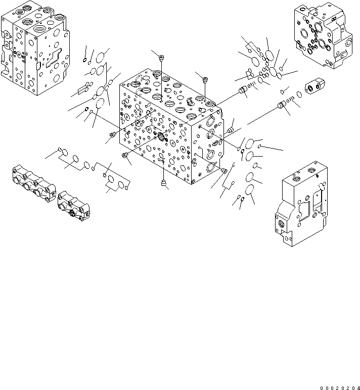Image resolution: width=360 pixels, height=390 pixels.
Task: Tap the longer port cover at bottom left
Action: (33, 184)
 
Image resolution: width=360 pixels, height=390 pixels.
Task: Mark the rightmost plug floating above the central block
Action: (205, 79)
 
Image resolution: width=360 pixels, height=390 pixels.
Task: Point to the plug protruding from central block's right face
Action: (232, 130)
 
